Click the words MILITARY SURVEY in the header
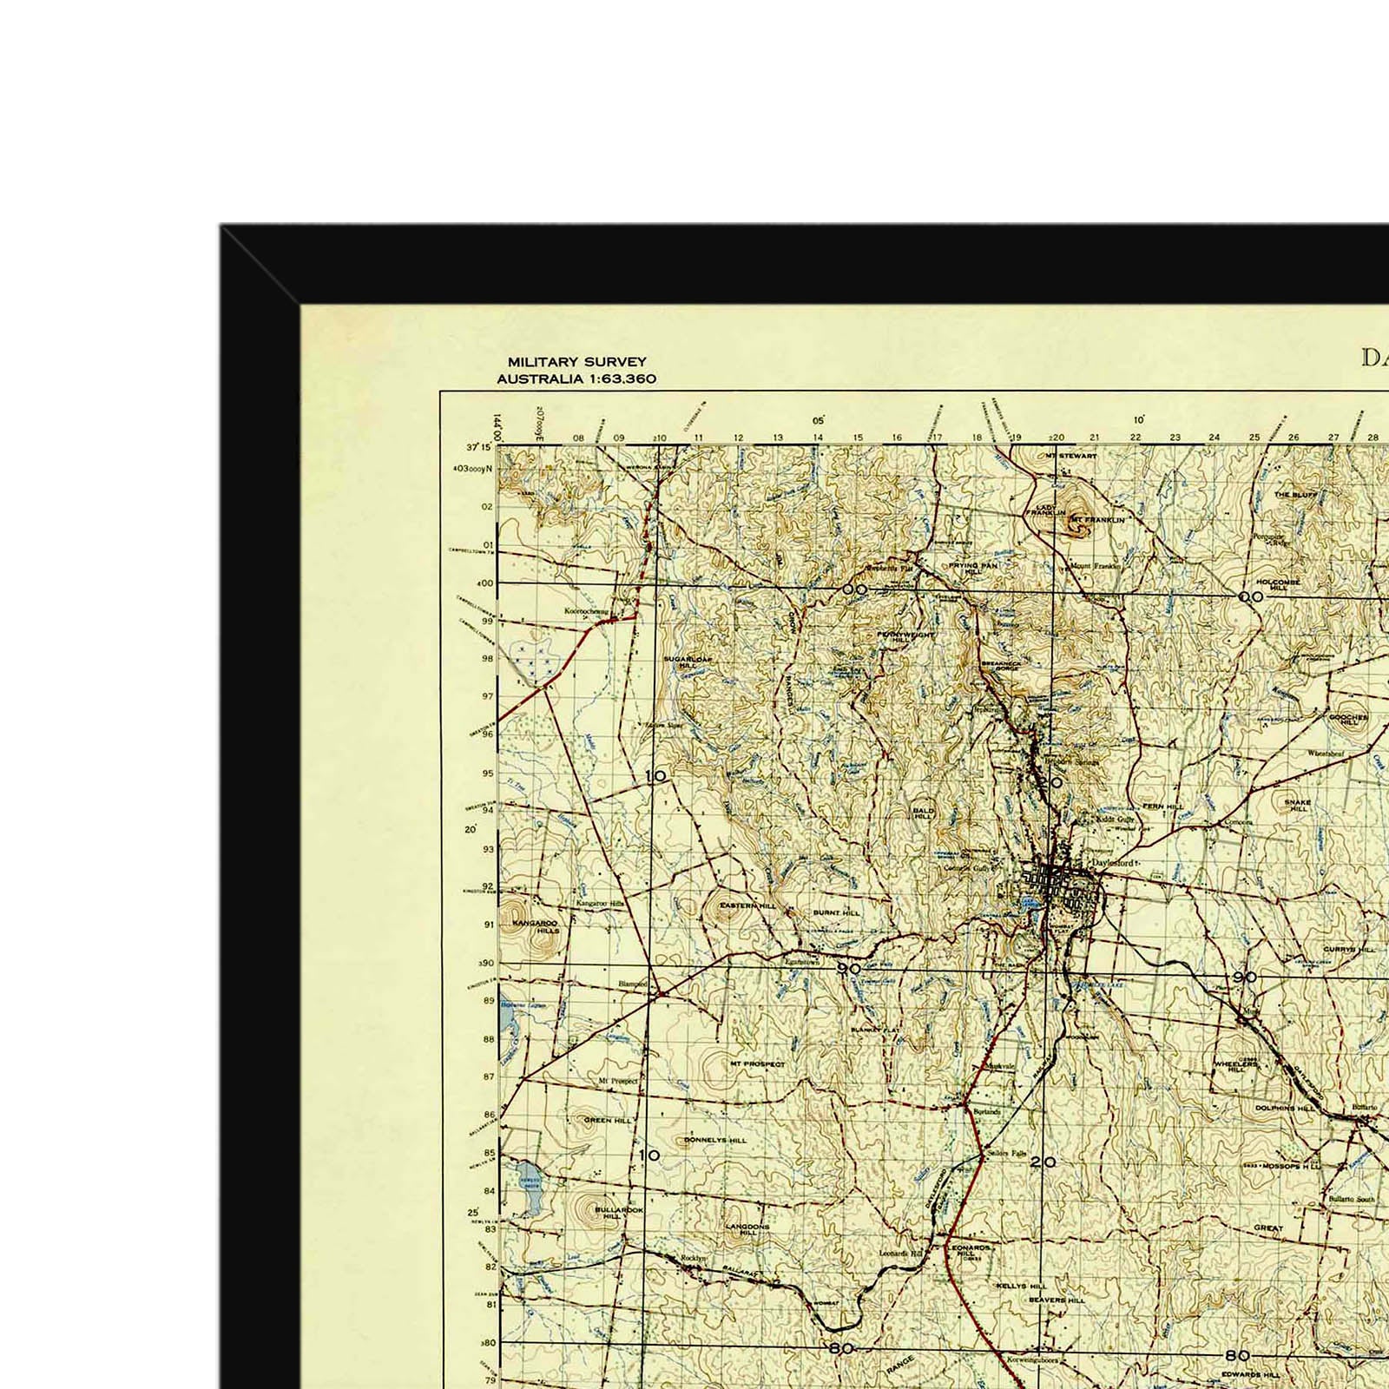[576, 362]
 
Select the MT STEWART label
[1071, 456]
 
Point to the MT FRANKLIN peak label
[1097, 520]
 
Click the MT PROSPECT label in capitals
[757, 1063]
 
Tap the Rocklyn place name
[695, 1258]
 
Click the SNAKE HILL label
[1298, 805]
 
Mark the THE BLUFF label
[1295, 494]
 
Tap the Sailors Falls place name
[1007, 1154]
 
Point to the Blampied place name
[632, 984]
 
